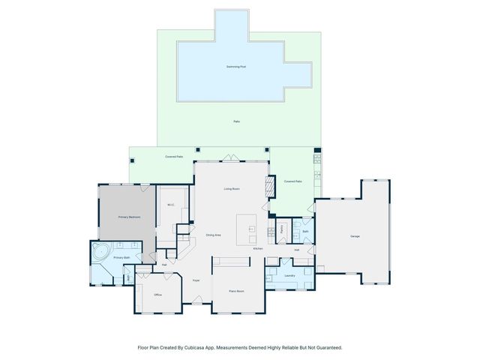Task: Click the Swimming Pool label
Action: click(x=236, y=67)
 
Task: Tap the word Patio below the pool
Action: click(x=236, y=121)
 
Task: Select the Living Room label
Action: click(x=231, y=189)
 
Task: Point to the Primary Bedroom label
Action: click(x=129, y=217)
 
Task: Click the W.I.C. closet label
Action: click(x=171, y=205)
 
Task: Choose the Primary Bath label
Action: click(x=122, y=258)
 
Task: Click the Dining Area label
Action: click(x=214, y=235)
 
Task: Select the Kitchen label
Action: click(x=257, y=248)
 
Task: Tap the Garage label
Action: click(x=355, y=236)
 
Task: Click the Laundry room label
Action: click(x=289, y=275)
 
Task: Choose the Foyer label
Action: click(x=196, y=280)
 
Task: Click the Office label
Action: click(x=158, y=295)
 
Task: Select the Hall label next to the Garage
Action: click(x=297, y=250)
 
